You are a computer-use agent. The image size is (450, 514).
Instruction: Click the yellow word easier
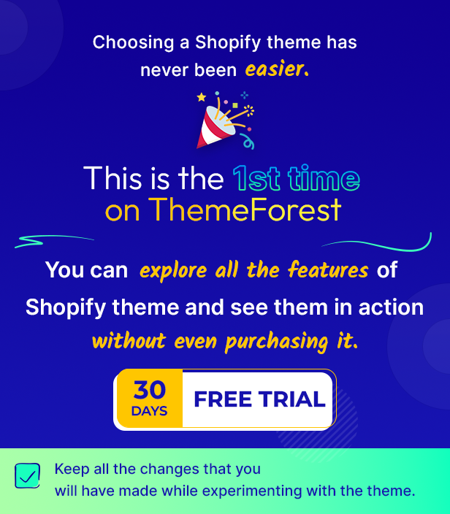277,69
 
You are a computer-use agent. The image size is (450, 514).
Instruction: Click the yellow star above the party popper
202,97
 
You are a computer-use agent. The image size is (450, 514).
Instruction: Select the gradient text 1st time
296,179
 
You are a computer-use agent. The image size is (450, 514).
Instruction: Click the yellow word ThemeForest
245,210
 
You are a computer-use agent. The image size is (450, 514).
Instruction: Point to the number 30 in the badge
150,389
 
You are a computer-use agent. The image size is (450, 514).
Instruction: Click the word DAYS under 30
150,411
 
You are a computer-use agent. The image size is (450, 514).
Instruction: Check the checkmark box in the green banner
28,475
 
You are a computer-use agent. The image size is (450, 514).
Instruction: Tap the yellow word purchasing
276,342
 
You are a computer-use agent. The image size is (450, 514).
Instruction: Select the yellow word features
328,270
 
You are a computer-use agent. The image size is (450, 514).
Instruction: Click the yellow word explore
173,272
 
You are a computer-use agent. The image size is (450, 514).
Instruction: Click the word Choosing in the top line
133,43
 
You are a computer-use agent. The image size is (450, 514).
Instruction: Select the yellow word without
129,341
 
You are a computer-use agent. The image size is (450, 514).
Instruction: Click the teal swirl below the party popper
248,142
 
